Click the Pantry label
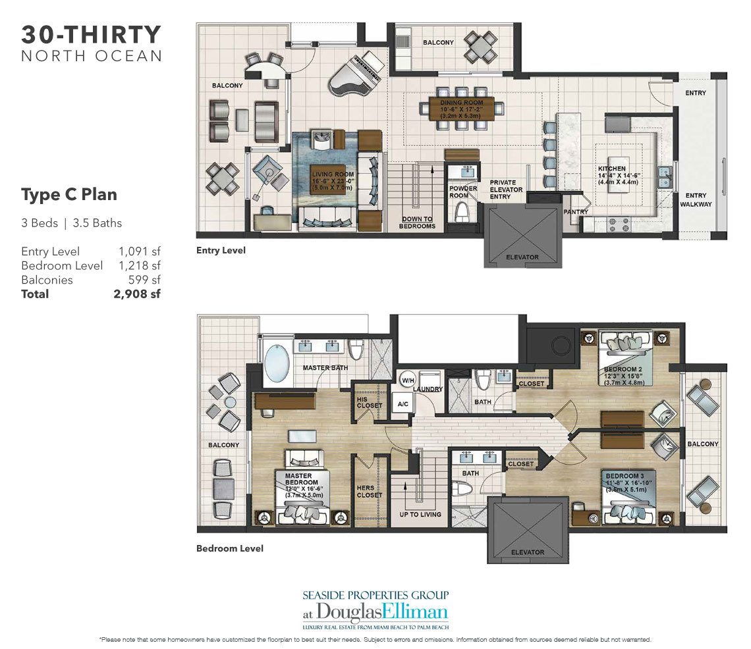tap(575, 211)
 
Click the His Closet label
tap(369, 402)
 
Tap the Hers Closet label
tap(369, 491)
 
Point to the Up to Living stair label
tap(420, 514)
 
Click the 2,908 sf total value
tap(137, 294)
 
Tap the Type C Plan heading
tap(69, 195)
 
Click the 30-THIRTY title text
tap(91, 34)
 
